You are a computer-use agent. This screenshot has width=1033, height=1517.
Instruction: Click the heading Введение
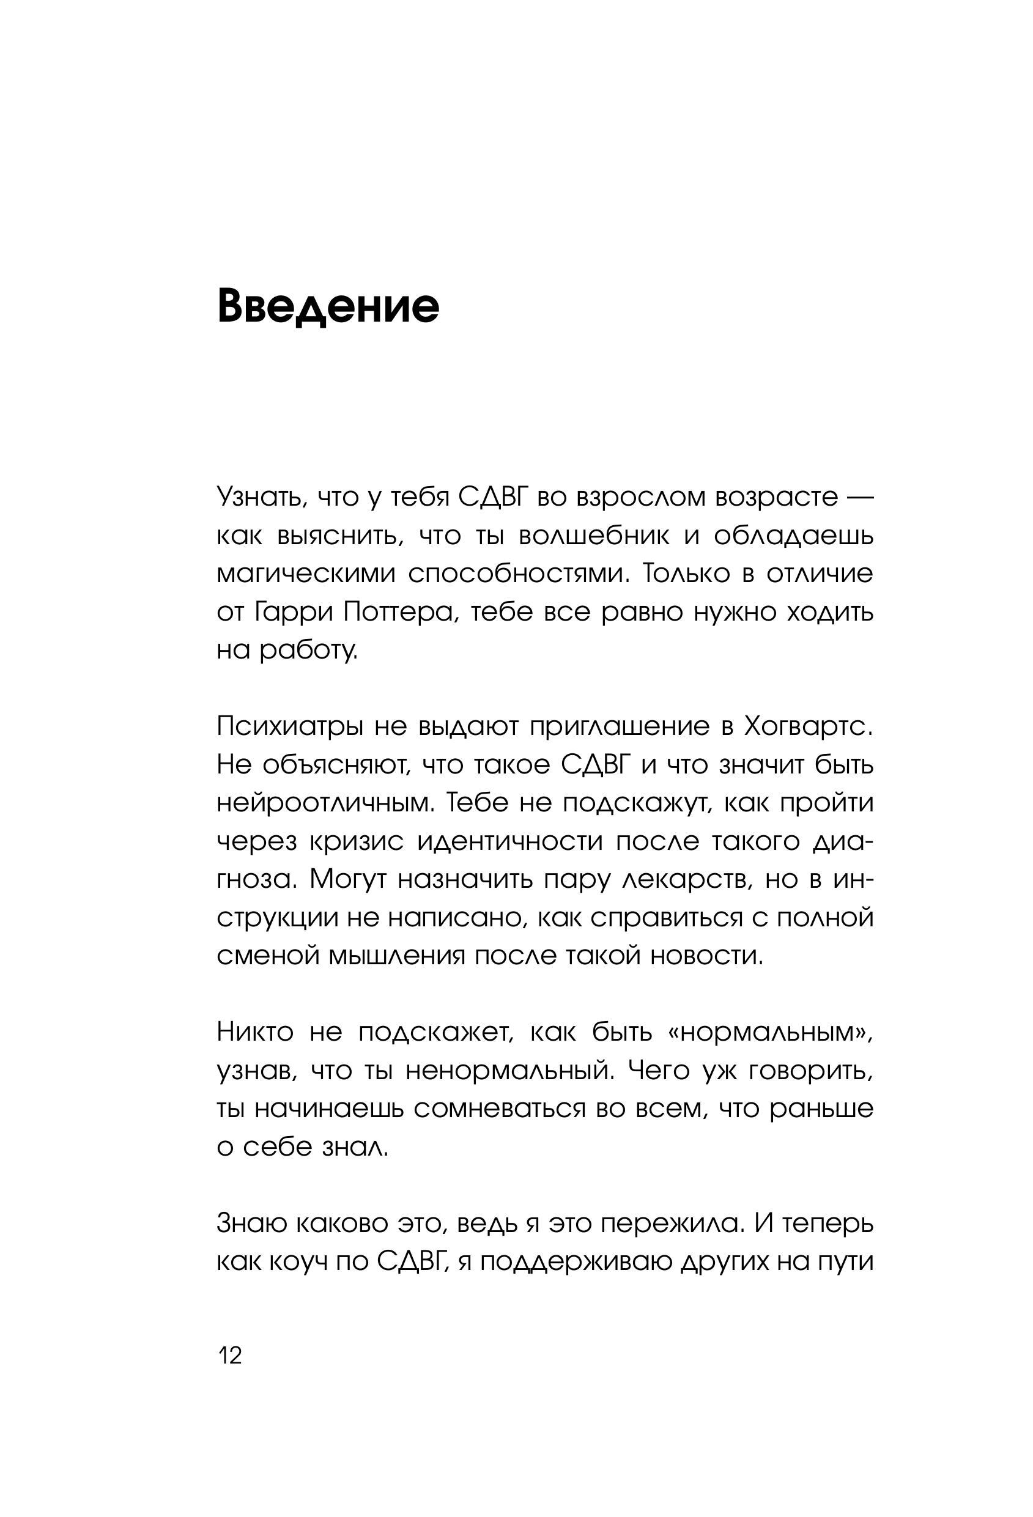328,305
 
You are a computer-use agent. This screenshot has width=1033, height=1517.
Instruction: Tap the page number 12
229,1356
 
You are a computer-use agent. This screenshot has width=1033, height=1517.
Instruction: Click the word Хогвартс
808,726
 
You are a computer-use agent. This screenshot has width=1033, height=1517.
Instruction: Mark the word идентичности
510,841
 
